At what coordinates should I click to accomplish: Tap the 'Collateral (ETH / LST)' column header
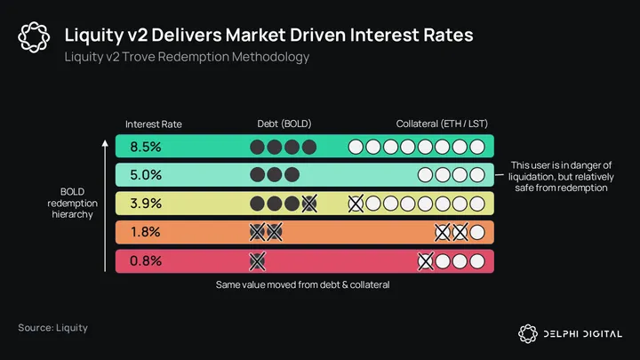pos(442,124)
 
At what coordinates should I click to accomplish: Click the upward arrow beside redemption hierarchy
pos(106,204)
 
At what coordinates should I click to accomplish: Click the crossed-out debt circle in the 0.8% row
pos(257,260)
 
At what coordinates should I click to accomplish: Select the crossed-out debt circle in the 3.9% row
pos(309,204)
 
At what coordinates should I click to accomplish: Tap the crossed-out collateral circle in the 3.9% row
pos(356,204)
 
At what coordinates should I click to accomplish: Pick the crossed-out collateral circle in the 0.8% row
pos(426,260)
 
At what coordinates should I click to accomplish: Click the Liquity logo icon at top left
pos(34,38)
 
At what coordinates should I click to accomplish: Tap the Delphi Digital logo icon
pos(528,333)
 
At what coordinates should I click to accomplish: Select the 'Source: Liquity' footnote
pos(52,328)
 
